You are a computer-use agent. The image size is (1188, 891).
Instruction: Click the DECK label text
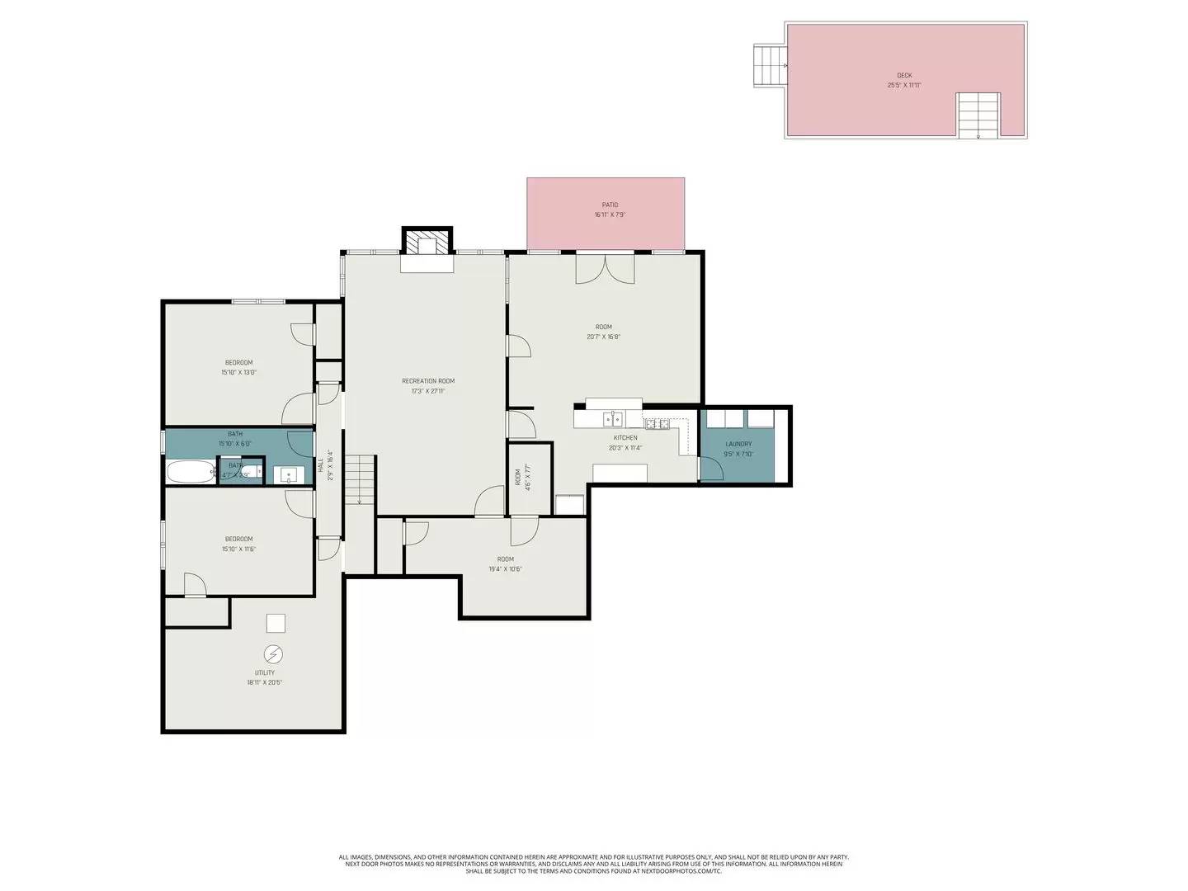(904, 75)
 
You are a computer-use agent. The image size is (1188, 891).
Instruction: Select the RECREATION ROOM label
(428, 381)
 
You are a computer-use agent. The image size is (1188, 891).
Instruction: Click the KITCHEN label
(625, 438)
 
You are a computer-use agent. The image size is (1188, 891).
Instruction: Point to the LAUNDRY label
(738, 444)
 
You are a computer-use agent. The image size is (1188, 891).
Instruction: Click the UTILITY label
(265, 673)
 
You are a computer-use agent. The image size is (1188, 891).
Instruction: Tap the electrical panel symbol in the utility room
(272, 655)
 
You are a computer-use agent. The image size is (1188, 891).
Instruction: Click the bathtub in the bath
(191, 474)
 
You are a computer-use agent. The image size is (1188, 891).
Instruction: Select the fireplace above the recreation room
(427, 243)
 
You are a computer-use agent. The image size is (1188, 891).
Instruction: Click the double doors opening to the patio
(606, 269)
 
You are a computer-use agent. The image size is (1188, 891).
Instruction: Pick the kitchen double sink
(611, 418)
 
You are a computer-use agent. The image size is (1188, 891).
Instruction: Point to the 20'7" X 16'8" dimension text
(603, 337)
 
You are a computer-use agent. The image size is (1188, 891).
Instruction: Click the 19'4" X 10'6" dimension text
(505, 568)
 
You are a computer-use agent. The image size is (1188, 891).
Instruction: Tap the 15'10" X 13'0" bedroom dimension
(238, 372)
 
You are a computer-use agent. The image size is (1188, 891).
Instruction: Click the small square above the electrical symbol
(276, 624)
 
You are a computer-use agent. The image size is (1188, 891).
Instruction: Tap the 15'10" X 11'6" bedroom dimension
(238, 549)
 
